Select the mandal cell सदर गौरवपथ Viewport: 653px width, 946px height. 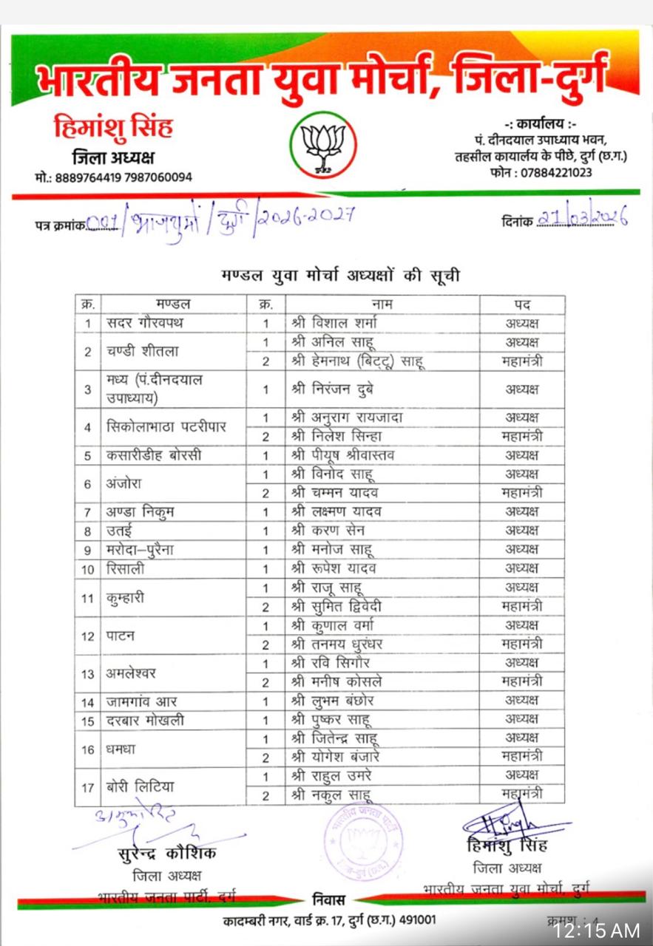pos(145,323)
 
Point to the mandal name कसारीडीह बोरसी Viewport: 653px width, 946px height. pos(154,455)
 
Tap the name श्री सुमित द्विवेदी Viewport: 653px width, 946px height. pos(336,606)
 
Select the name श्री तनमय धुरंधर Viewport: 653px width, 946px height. pos(336,644)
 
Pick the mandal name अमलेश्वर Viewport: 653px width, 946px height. pos(131,673)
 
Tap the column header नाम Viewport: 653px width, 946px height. pos(382,304)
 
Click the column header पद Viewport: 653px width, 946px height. pos(522,304)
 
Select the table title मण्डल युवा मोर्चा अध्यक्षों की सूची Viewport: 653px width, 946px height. pos(342,276)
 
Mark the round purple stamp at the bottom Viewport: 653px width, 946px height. pos(363,842)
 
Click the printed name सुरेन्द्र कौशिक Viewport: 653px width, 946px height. pos(167,854)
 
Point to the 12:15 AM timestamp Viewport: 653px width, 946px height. pos(598,930)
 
